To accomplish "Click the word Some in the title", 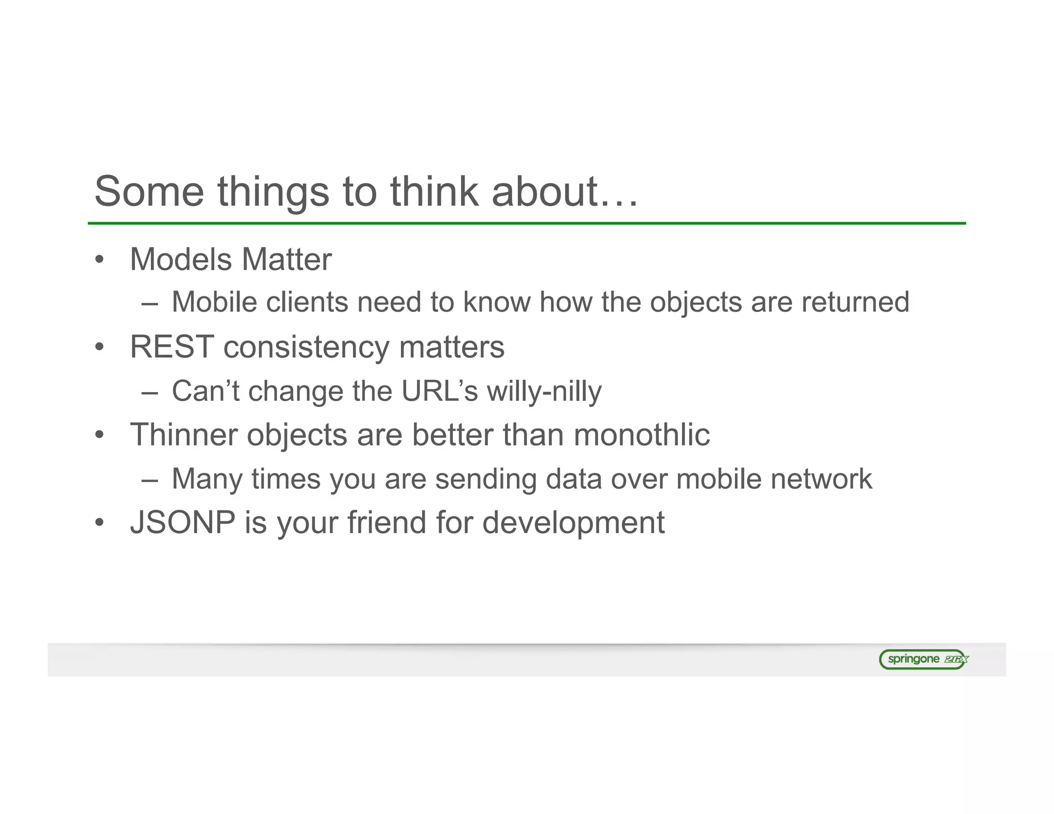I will click(149, 191).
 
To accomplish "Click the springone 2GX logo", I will click(923, 659).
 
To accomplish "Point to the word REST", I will click(172, 347).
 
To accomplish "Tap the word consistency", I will click(306, 348).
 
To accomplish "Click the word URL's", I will click(440, 391).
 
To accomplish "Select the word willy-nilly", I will click(544, 392).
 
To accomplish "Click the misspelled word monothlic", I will click(642, 435).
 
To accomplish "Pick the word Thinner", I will click(184, 435).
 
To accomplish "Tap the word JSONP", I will click(183, 522).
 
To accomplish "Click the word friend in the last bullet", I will click(387, 522).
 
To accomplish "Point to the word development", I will click(573, 523).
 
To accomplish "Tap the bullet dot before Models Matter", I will click(100, 260).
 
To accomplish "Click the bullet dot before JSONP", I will click(100, 523).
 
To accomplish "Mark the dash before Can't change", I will click(149, 392).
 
